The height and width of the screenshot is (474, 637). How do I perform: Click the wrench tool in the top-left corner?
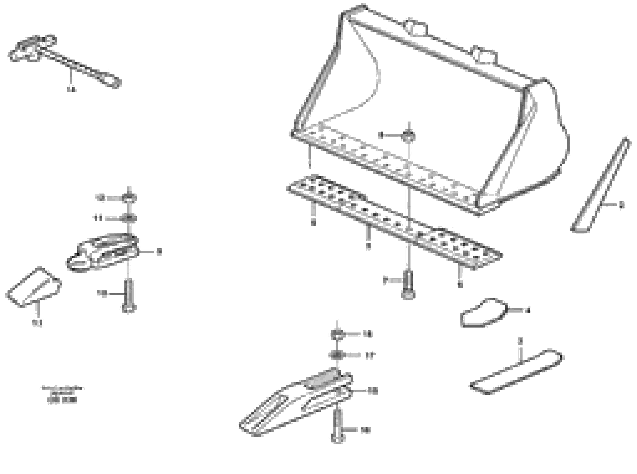pyautogui.click(x=63, y=60)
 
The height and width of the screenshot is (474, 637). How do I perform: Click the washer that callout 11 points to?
pyautogui.click(x=129, y=219)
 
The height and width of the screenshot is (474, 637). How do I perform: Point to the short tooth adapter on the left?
pyautogui.click(x=103, y=253)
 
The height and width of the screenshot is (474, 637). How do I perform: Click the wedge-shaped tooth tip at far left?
pyautogui.click(x=34, y=287)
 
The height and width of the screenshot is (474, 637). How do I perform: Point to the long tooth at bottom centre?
pyautogui.click(x=296, y=405)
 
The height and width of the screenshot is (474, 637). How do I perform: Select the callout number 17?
pyautogui.click(x=370, y=356)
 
